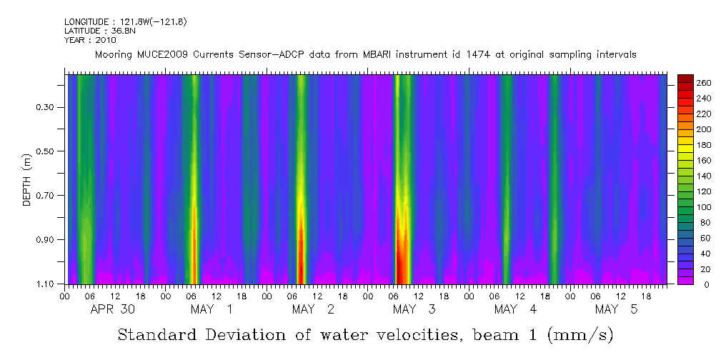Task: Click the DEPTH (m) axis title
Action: pyautogui.click(x=27, y=179)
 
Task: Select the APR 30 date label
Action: pyautogui.click(x=112, y=309)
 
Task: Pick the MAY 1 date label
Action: pyautogui.click(x=212, y=309)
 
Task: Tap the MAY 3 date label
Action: pyautogui.click(x=414, y=309)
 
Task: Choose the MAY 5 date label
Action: pyautogui.click(x=617, y=309)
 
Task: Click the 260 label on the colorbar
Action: pyautogui.click(x=704, y=84)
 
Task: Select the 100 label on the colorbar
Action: pyautogui.click(x=704, y=206)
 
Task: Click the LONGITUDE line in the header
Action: pyautogui.click(x=126, y=22)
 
